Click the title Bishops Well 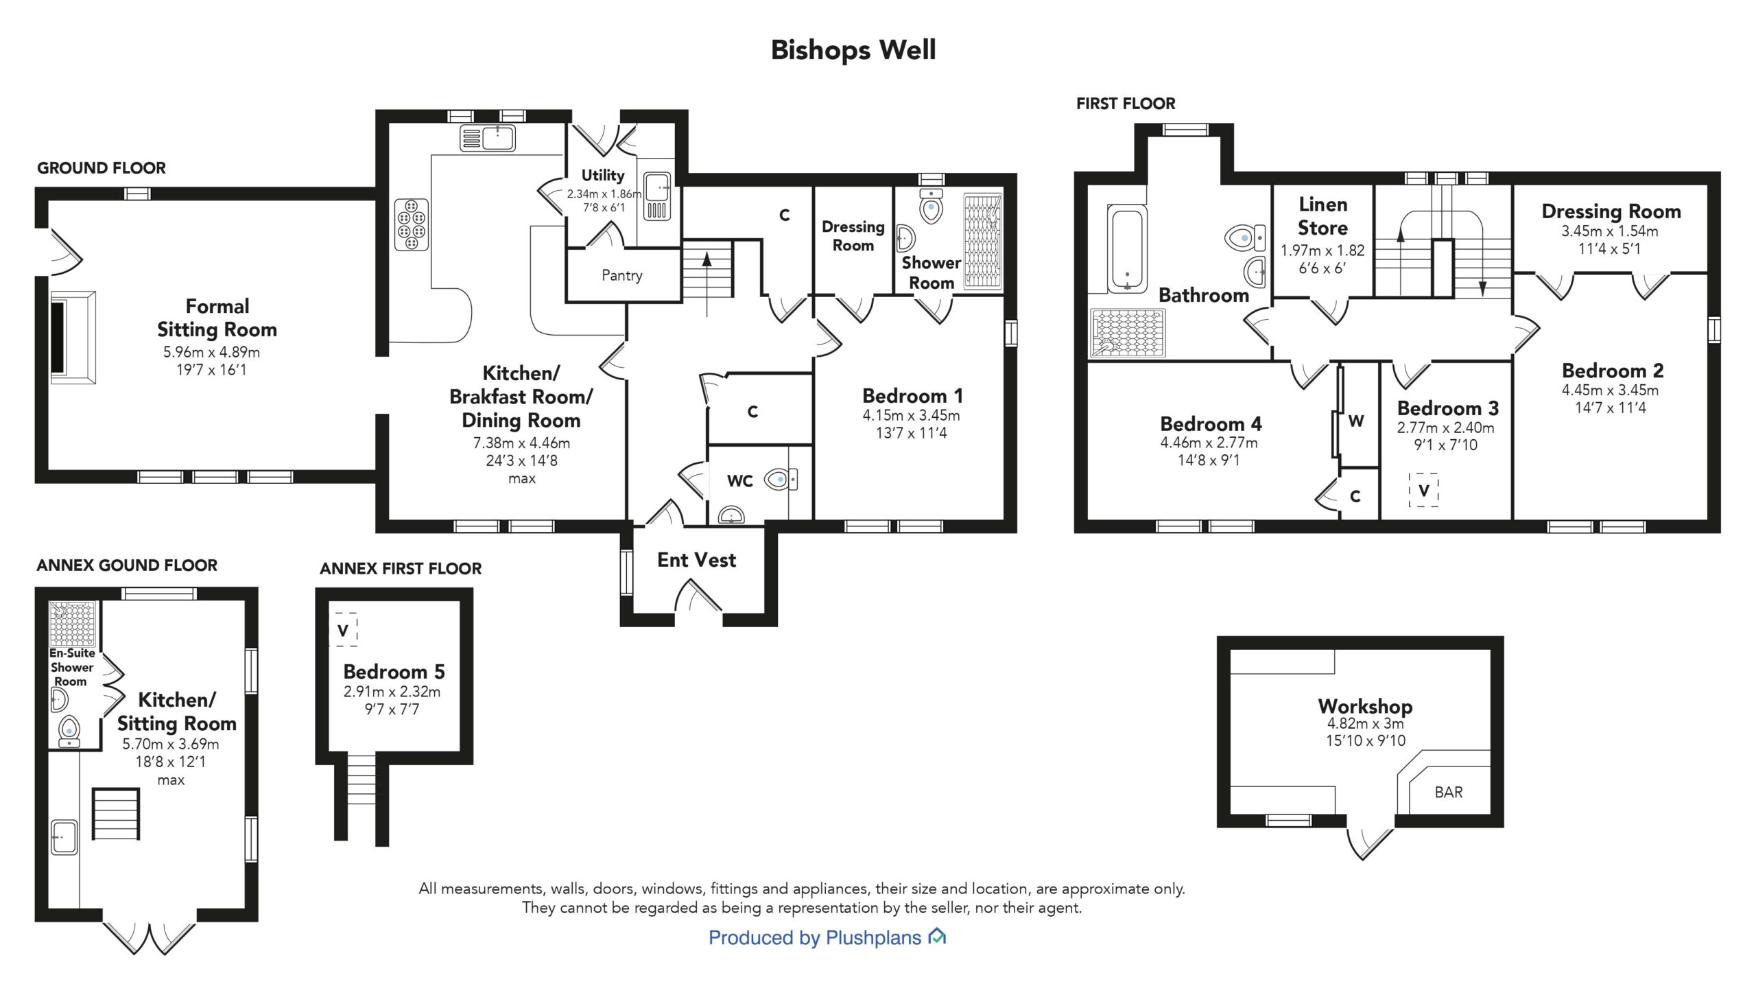pos(853,50)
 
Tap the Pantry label pos(622,276)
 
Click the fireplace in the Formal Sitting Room pos(73,338)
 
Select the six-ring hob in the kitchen pos(412,224)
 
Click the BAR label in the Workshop pos(1449,793)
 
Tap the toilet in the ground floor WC pos(781,479)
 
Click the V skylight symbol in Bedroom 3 pos(1424,490)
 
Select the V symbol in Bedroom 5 pos(343,630)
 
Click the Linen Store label pos(1322,216)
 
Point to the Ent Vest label pos(696,560)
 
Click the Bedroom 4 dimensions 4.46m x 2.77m pos(1209,443)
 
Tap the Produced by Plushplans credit pos(827,937)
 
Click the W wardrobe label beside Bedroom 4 pos(1356,421)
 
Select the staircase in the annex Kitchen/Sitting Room pos(116,814)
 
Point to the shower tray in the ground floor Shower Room pos(982,242)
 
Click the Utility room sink pos(658,196)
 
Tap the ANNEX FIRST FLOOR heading pos(401,569)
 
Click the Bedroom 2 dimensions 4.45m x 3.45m pos(1610,390)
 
